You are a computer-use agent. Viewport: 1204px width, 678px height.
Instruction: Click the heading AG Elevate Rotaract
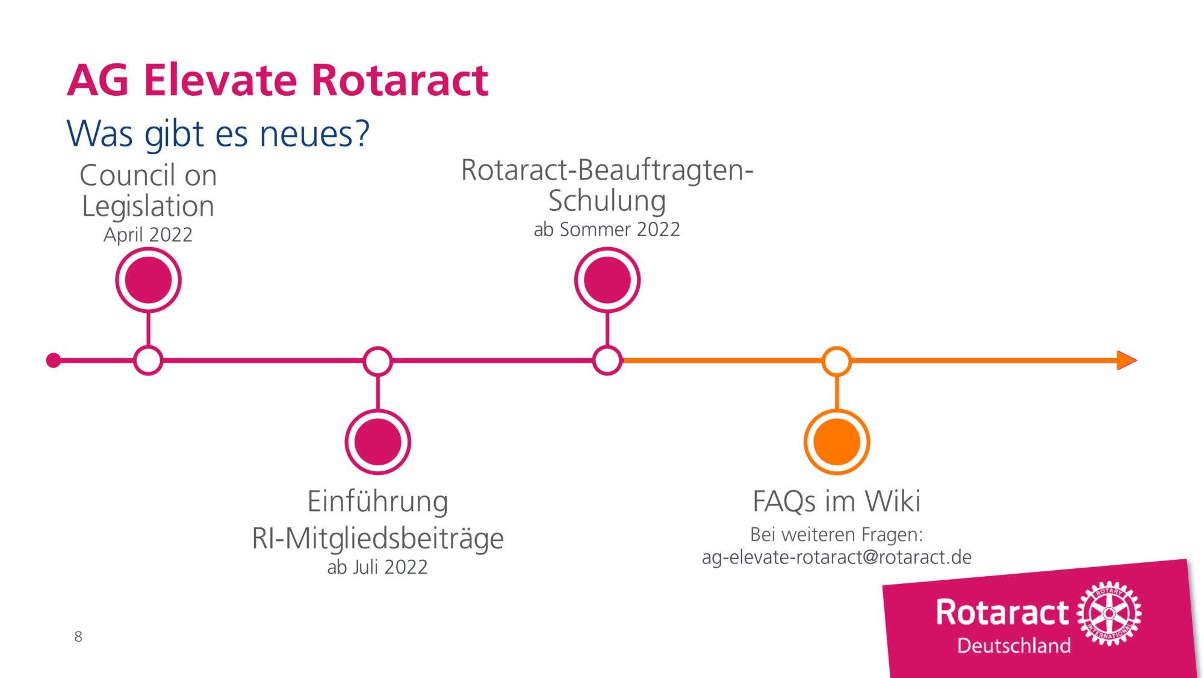(278, 80)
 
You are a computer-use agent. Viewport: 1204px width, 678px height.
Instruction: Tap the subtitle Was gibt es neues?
(218, 134)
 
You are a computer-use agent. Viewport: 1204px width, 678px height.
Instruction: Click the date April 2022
(148, 234)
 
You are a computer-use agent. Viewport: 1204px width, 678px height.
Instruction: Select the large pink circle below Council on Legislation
(148, 280)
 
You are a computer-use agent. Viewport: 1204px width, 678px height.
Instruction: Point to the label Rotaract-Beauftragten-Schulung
(607, 185)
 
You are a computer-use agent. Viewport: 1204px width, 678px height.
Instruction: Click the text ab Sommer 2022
(607, 230)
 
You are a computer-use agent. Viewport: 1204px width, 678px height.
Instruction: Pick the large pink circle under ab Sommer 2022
(607, 280)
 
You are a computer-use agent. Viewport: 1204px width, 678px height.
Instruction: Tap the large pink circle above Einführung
(378, 442)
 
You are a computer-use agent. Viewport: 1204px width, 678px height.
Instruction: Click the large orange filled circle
(837, 442)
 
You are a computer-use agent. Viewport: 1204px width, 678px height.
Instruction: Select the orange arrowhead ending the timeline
(1126, 360)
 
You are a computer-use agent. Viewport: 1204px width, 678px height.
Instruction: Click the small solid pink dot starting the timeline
(54, 360)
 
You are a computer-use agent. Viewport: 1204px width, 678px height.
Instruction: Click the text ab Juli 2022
(377, 567)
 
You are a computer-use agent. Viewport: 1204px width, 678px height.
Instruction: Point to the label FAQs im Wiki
(837, 501)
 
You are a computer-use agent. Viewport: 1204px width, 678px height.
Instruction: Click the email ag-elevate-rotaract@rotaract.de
(837, 557)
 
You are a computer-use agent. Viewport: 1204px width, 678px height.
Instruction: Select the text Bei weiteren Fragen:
(837, 535)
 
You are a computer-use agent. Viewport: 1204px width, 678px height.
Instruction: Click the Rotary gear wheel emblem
(1109, 614)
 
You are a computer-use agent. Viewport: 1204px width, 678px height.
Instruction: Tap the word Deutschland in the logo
(1014, 645)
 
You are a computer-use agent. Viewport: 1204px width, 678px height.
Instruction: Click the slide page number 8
(78, 636)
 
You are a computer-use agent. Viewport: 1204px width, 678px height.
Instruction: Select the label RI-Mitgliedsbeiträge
(378, 538)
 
